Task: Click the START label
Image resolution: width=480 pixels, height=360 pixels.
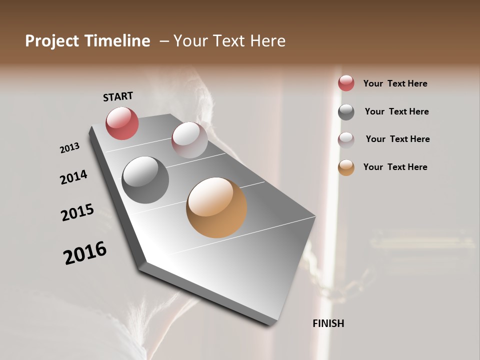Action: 118,96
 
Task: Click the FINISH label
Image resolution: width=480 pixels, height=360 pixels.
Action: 328,323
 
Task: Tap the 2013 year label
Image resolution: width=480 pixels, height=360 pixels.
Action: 69,148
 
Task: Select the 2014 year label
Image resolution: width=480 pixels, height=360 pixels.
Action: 73,177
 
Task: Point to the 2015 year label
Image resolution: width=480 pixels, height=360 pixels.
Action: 77,212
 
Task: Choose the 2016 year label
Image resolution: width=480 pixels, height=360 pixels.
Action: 85,253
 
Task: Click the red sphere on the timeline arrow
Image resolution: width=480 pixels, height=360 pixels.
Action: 122,123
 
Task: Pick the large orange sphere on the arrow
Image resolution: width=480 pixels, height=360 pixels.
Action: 216,207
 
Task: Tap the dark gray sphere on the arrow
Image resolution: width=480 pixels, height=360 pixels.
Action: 145,180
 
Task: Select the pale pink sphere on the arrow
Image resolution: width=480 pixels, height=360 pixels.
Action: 189,140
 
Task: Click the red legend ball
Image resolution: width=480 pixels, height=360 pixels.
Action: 346,83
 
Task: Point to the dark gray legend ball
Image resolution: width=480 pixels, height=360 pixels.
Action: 346,112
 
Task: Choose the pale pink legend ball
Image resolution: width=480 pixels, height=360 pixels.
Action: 346,140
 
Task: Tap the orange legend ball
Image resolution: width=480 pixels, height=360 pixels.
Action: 346,168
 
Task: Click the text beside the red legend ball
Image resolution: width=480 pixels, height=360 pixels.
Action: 395,83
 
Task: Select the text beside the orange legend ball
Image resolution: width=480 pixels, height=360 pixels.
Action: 395,167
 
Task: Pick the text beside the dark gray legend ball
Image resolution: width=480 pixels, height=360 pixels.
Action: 396,111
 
